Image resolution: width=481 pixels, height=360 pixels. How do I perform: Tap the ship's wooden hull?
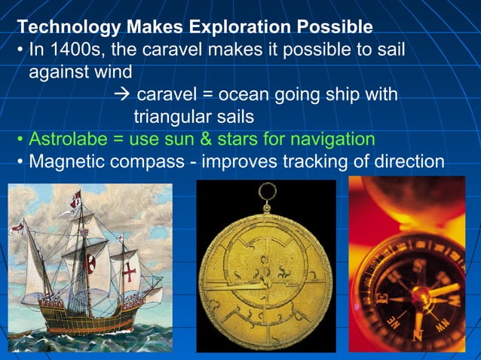83,320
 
